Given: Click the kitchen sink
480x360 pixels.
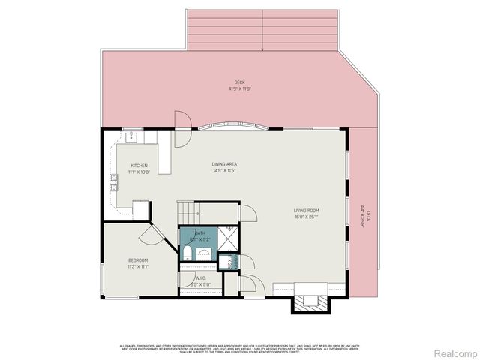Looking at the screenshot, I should [130, 136].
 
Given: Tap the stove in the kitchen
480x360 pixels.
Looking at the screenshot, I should [114, 181].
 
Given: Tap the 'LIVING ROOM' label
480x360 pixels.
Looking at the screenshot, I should [307, 210].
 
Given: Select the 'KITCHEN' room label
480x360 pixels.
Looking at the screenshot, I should [139, 165].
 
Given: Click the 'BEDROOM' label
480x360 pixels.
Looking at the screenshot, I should [138, 259].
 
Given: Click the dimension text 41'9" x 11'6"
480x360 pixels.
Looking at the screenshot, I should [239, 89].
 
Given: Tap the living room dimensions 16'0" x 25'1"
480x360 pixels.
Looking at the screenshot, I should [307, 217].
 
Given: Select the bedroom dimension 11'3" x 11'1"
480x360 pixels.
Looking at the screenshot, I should [138, 266].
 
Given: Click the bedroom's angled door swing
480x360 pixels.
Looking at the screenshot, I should [151, 235].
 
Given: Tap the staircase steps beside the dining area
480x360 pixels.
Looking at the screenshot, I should [187, 211].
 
